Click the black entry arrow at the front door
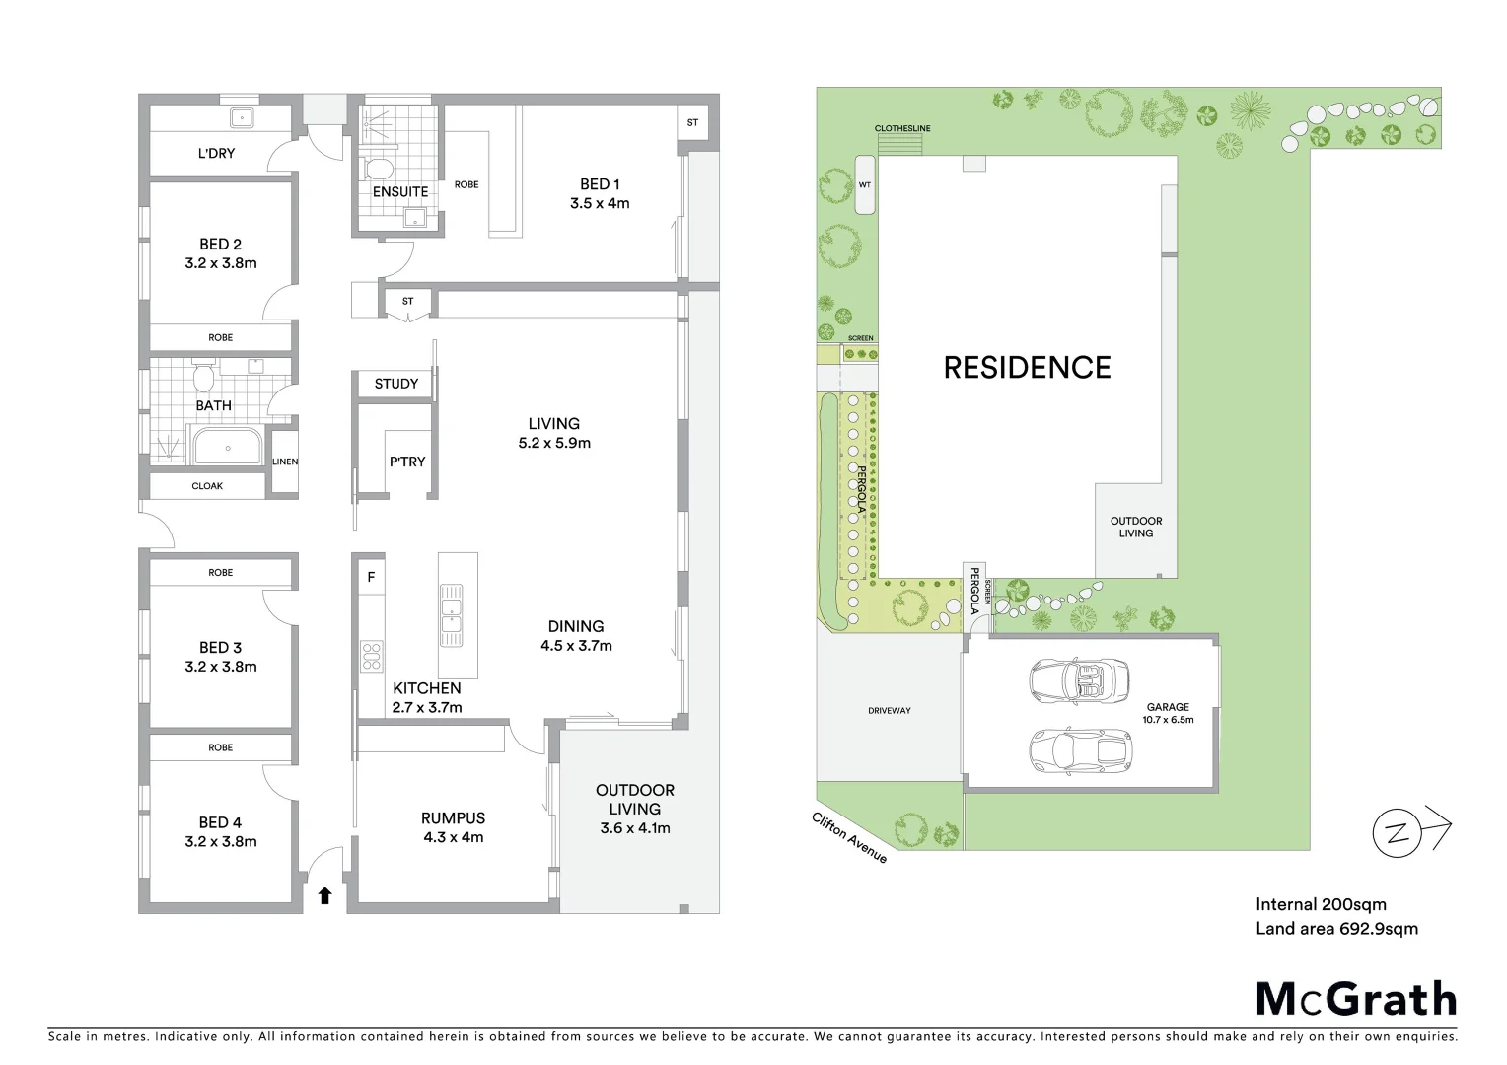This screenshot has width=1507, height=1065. click(324, 895)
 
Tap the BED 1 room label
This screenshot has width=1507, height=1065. click(600, 184)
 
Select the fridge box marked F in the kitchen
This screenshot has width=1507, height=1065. click(371, 577)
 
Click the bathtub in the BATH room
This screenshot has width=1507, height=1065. click(228, 447)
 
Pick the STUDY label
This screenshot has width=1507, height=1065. click(395, 384)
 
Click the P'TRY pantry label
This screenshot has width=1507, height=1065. click(407, 461)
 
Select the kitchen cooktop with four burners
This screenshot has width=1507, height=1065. click(372, 656)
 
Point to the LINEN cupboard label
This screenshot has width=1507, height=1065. click(285, 461)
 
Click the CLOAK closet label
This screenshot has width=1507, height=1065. click(207, 486)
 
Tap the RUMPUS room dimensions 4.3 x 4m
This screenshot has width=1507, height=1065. click(453, 837)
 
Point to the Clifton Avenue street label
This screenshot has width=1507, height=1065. click(849, 838)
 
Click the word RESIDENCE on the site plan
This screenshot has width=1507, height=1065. click(1027, 368)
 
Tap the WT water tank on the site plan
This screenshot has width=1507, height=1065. click(865, 184)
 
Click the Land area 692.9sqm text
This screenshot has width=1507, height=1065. click(1336, 928)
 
